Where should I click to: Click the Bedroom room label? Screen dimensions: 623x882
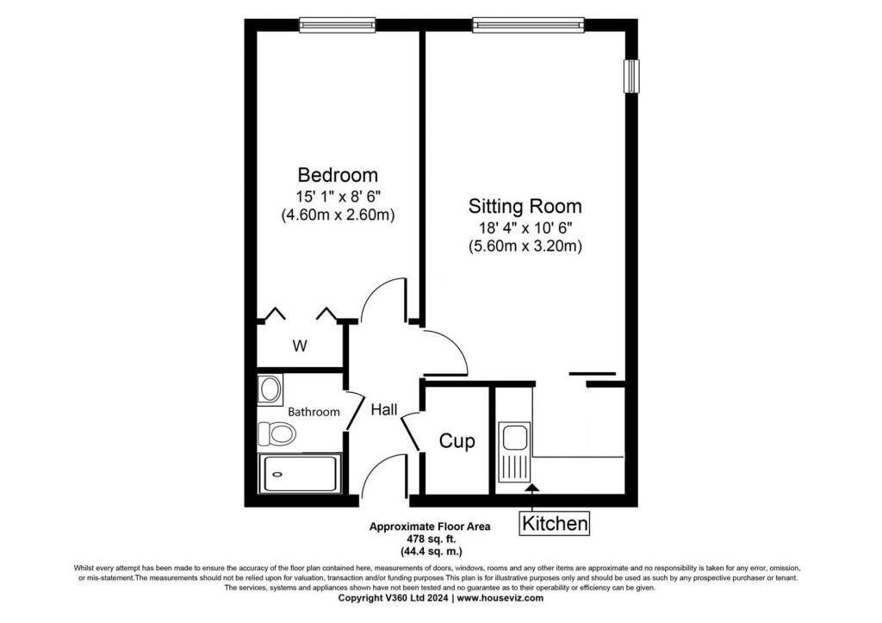point(338,174)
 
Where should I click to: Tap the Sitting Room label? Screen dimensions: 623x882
point(525,207)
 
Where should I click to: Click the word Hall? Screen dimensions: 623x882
point(384,410)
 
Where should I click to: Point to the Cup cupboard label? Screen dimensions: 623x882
point(457,442)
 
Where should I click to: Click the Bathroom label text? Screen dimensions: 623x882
point(314,412)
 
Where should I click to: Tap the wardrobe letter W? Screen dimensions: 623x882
point(300,346)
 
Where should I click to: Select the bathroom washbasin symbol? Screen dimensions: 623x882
point(270,389)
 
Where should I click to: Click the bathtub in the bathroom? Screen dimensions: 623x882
point(300,473)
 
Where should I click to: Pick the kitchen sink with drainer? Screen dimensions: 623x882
point(514,452)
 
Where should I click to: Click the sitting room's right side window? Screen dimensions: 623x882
point(632,76)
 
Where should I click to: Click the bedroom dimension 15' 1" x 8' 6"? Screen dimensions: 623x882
point(338,196)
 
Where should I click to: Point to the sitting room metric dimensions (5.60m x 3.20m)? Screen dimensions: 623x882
point(525,246)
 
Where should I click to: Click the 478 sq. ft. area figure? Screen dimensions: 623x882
point(417,538)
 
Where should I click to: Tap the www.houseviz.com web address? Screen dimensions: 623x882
point(500,597)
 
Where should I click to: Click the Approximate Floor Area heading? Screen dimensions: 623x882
point(417,526)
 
